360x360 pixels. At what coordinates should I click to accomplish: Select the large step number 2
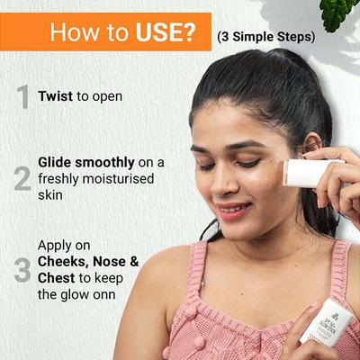(22, 178)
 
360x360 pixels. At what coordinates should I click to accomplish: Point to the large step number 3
(22, 269)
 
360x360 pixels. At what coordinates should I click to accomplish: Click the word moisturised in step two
(120, 178)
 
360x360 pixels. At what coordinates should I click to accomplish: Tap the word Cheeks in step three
(63, 261)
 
